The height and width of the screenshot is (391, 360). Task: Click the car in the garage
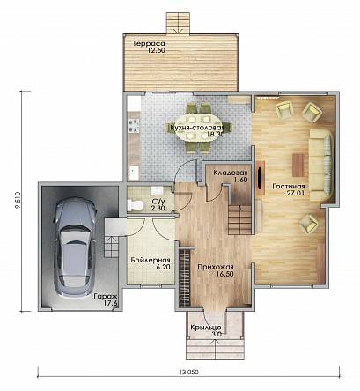pos(76,248)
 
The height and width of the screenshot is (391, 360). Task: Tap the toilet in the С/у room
pos(136,205)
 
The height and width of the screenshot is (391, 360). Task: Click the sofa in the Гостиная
pos(321,166)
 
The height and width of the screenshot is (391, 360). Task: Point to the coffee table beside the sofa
pos(298,166)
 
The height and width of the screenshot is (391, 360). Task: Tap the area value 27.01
pos(295,193)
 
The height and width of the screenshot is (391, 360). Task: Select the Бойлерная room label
pos(151,260)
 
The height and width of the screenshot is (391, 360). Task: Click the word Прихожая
pos(216,267)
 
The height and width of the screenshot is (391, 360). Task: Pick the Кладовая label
pos(231,173)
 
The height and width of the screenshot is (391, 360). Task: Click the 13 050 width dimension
pos(189,372)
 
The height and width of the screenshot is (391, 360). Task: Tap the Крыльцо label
pos(206,328)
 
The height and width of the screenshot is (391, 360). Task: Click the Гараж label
pos(106,297)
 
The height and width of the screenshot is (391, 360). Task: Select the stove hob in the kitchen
pos(134,125)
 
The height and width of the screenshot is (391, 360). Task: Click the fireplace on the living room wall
pos(260,178)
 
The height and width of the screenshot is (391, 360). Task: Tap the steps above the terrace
pos(178,23)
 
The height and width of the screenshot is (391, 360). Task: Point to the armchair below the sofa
pos(309,225)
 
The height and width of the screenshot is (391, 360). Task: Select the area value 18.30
pos(216,135)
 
